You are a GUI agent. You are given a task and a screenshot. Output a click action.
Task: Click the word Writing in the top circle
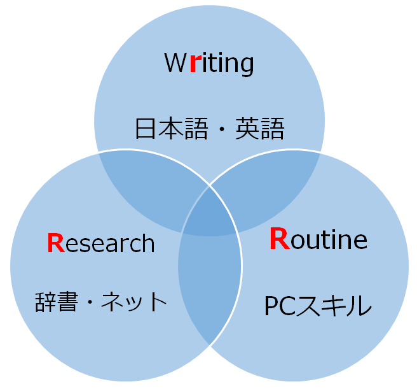coord(209,64)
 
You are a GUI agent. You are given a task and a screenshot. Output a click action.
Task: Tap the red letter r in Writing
coord(195,64)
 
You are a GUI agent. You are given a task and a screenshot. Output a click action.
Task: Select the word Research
coord(101,243)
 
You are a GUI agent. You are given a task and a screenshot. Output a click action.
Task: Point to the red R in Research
coord(56,243)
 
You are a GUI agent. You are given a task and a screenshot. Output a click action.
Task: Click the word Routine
coord(318,239)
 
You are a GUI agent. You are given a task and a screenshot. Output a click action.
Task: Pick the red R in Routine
coord(280,239)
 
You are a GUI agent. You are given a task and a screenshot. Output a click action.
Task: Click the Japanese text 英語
coord(259,129)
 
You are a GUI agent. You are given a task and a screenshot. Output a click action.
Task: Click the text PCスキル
coord(317,306)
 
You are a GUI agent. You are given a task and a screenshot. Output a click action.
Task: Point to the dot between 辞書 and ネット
coord(97,301)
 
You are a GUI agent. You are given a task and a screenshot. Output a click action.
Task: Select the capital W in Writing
coord(175,64)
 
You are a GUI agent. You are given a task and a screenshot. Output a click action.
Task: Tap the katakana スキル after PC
coord(332,306)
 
